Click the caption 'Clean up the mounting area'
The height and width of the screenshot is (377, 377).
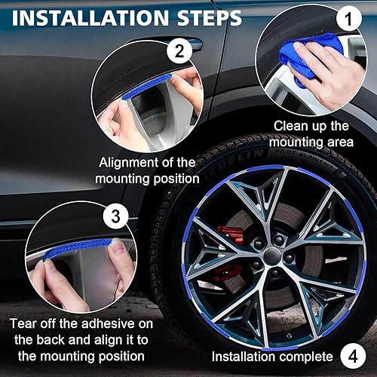(311, 133)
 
